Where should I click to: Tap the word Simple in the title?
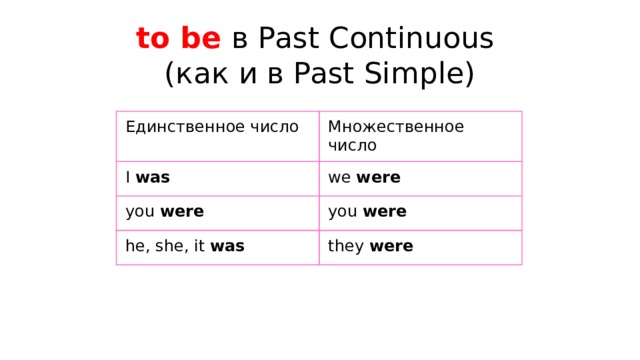419,74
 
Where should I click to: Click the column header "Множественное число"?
395,135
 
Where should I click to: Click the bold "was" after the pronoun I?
152,177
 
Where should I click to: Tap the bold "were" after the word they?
391,246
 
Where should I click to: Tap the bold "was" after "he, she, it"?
228,246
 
